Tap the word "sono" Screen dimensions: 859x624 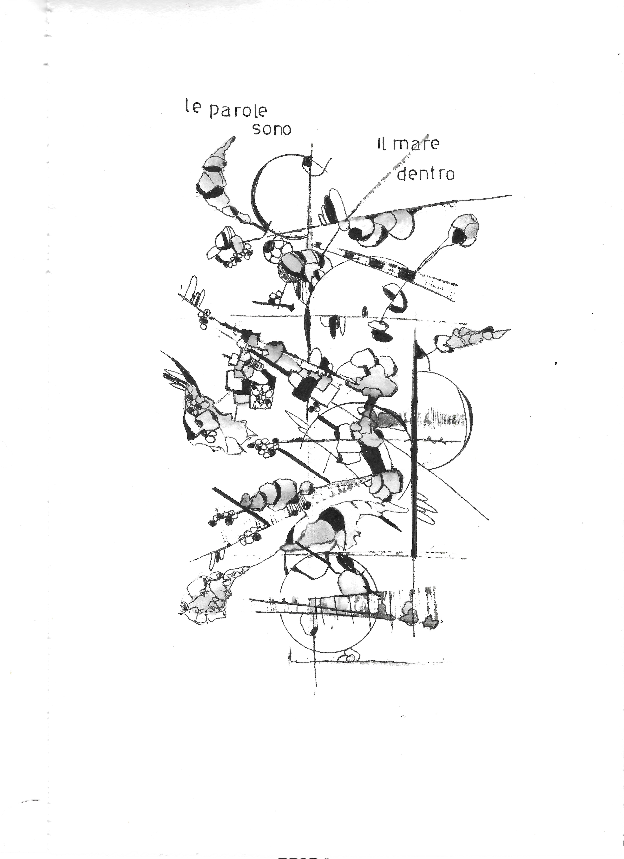(272, 130)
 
